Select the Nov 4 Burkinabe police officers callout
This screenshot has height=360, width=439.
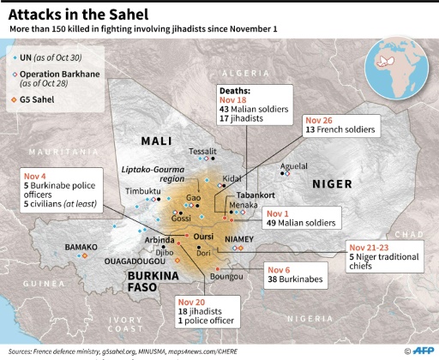62,190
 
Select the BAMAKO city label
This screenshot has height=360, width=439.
84,247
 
